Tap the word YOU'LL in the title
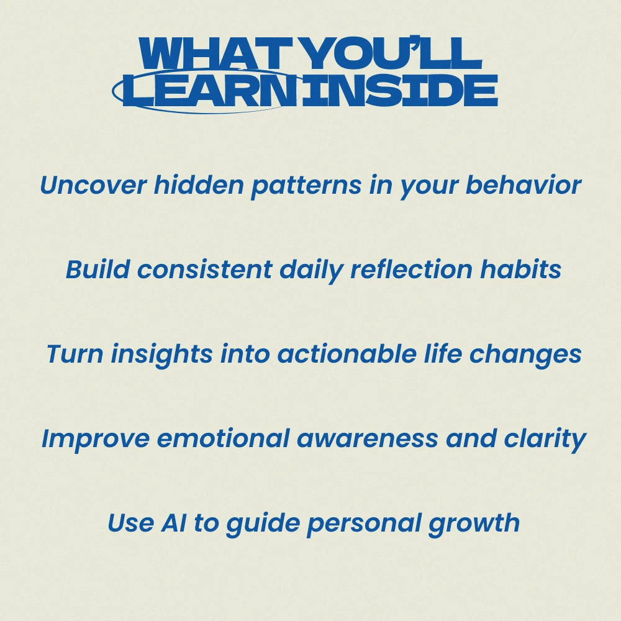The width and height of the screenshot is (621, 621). (393, 53)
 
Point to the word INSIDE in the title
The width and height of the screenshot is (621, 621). (399, 90)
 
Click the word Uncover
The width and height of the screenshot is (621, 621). (94, 185)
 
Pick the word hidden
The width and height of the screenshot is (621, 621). (199, 184)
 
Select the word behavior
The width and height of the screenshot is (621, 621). (523, 184)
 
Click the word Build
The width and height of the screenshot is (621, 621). (98, 270)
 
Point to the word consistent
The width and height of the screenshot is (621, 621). (205, 270)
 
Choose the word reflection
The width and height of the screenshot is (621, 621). (412, 270)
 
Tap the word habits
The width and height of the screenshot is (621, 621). (521, 270)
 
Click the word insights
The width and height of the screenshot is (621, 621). (162, 355)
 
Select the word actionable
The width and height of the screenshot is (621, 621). (347, 353)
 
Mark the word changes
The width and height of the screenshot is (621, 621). (525, 355)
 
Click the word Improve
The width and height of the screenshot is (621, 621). (96, 439)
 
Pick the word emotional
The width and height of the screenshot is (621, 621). (224, 438)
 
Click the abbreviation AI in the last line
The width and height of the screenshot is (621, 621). (173, 523)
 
